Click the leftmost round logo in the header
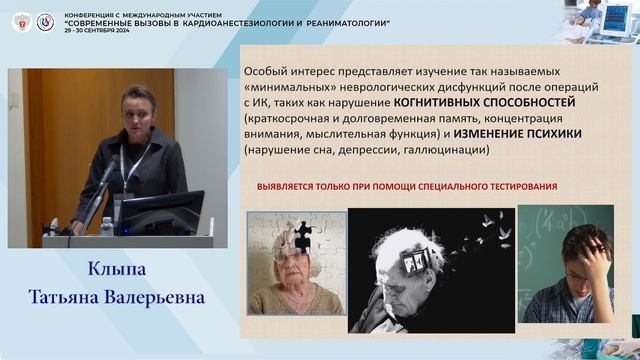(20, 21)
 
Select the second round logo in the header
(45, 21)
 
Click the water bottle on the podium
(107, 226)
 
